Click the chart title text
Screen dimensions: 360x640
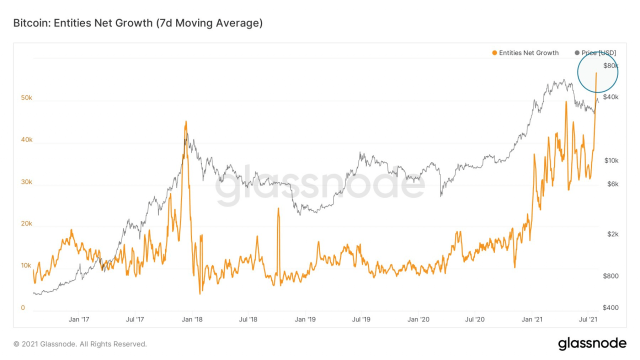coord(137,23)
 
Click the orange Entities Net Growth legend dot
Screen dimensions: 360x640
coord(494,53)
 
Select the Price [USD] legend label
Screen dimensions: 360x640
coord(598,53)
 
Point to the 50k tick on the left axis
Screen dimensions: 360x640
coord(26,98)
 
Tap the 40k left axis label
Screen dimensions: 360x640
coord(26,140)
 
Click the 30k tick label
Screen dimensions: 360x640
coord(26,182)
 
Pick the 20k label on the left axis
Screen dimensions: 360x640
coord(26,224)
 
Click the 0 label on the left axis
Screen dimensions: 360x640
coord(23,308)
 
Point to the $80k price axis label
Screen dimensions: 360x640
coord(611,66)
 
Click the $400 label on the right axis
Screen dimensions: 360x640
coord(611,308)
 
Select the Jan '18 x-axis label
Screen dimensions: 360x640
coord(191,319)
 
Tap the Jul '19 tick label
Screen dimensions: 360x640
coord(361,319)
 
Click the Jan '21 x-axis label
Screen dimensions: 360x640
coord(531,319)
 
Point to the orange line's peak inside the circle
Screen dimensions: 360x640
coord(596,73)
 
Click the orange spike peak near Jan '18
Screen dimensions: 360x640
coord(186,121)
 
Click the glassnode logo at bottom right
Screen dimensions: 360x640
coord(592,343)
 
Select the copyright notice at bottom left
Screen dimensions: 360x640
coord(80,344)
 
